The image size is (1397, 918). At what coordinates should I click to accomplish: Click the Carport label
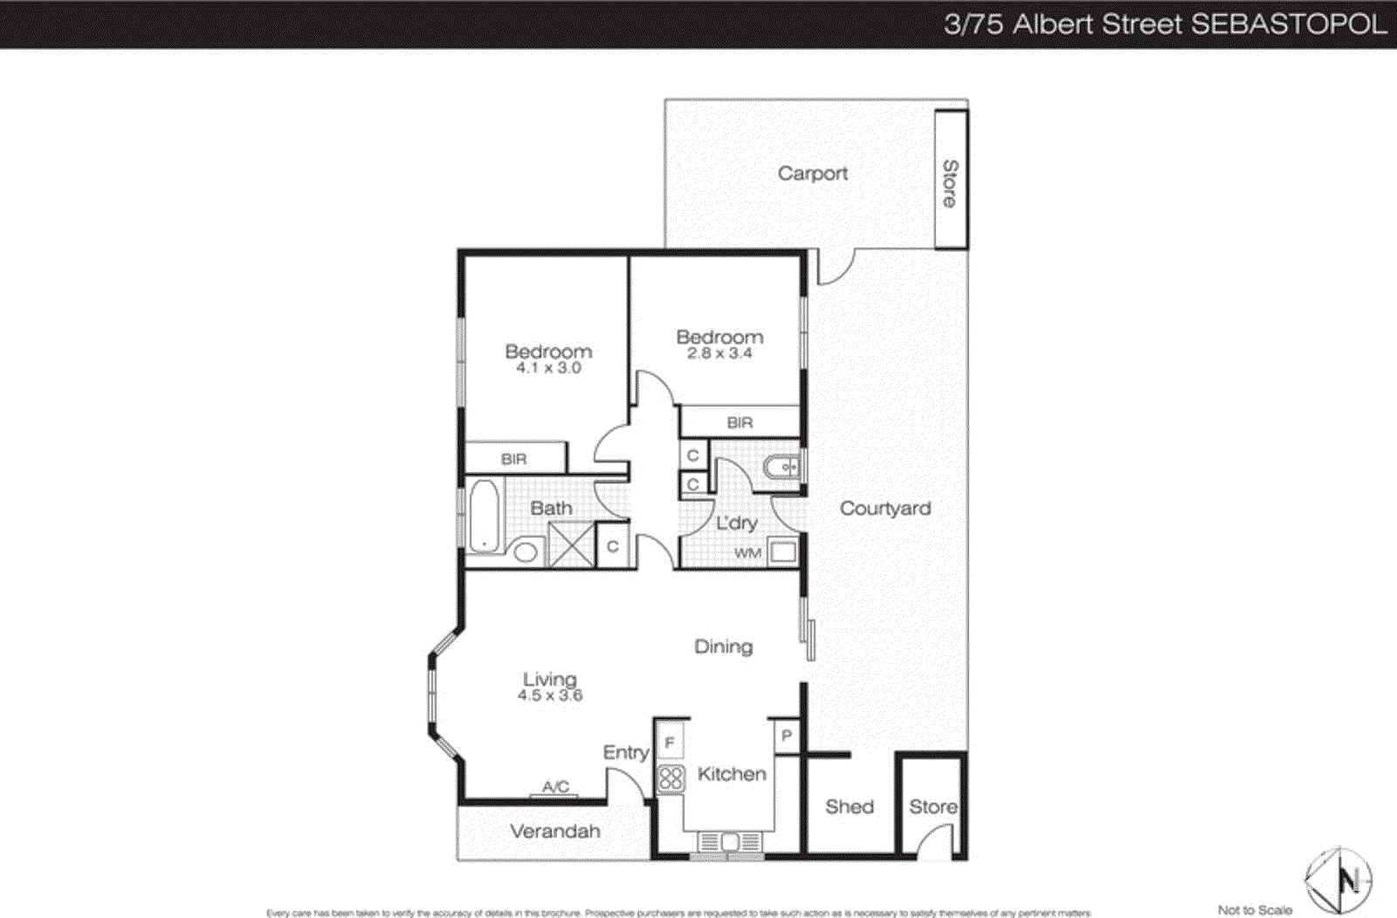click(x=812, y=174)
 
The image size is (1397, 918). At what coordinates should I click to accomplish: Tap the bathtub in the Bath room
click(x=484, y=517)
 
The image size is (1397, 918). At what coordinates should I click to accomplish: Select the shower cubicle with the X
click(x=571, y=545)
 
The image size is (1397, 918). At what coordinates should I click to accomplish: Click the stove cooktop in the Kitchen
click(x=671, y=778)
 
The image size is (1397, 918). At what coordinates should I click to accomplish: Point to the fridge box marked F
click(x=670, y=743)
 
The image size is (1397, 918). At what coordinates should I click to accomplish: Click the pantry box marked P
click(x=786, y=736)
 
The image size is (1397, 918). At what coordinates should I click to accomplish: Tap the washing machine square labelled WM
click(x=782, y=551)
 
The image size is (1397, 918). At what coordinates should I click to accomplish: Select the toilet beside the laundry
click(x=781, y=468)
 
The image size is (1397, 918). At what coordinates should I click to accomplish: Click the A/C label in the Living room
click(x=555, y=787)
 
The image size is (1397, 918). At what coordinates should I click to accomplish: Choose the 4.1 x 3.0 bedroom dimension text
click(x=548, y=368)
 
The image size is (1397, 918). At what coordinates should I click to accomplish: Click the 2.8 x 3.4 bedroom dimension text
click(x=719, y=353)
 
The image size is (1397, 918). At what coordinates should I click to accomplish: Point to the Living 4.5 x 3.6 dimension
click(x=550, y=695)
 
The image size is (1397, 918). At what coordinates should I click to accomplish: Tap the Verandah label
click(x=555, y=832)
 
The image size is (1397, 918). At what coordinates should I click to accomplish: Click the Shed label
click(x=849, y=807)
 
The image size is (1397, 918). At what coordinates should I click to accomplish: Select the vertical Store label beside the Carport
click(x=950, y=183)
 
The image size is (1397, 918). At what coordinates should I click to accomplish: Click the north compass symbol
click(x=1339, y=880)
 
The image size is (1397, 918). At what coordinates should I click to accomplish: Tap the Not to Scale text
click(x=1254, y=910)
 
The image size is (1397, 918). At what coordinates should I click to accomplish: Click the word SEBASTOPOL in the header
click(x=1289, y=24)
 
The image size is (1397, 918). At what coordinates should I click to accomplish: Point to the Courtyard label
click(x=884, y=509)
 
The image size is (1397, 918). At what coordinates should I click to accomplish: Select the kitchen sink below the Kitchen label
click(x=729, y=842)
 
